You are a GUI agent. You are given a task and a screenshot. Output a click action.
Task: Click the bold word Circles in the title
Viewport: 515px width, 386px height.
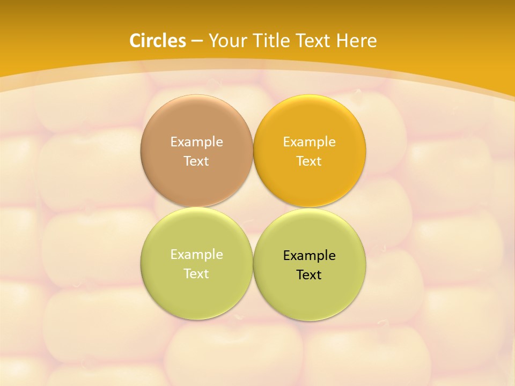coord(158,41)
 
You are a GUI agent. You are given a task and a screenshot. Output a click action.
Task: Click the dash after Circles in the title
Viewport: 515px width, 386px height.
coord(197,41)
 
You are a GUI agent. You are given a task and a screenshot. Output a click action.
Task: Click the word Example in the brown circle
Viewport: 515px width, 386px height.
coord(196,142)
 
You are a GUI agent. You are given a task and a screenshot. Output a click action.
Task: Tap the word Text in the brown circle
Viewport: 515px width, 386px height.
coord(196,161)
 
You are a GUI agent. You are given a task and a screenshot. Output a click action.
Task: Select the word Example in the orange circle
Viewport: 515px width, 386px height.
coord(309,142)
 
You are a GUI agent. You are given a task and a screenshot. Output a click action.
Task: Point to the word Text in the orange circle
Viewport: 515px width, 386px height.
coord(309,161)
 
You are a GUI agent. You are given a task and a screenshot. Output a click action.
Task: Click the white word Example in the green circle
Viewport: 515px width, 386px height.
coord(196,254)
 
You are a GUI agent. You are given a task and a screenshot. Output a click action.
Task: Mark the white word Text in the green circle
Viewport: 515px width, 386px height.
coord(196,273)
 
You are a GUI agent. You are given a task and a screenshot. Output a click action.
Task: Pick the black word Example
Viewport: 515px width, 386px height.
coord(309,255)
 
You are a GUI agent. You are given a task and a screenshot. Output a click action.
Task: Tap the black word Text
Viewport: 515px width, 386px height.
coord(309,274)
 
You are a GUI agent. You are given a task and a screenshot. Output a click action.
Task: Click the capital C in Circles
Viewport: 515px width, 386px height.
coord(135,41)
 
